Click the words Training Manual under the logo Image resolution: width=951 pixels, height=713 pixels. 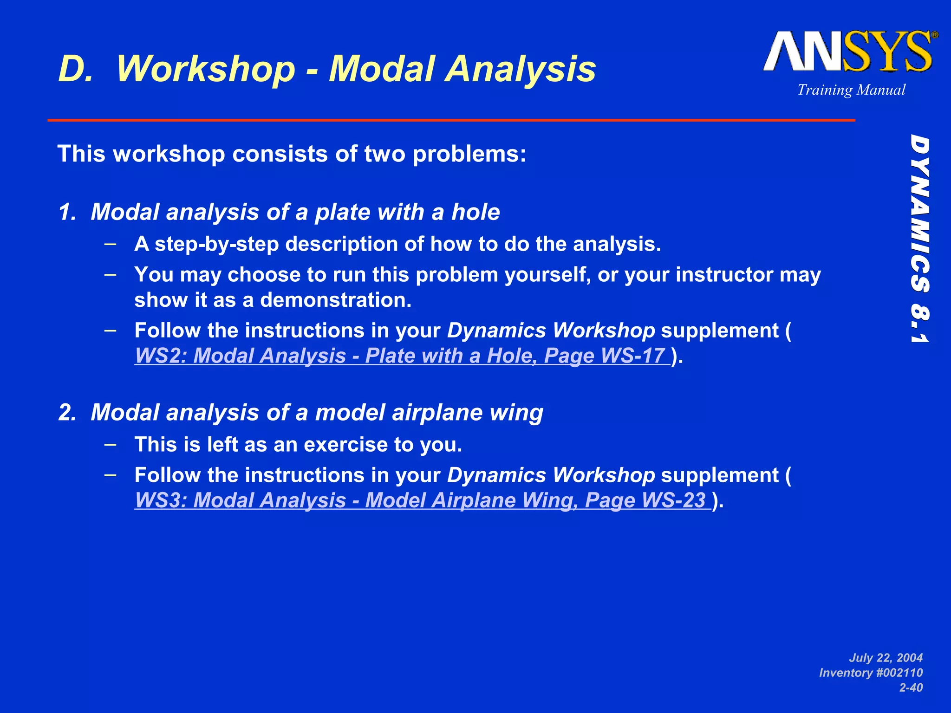coord(851,90)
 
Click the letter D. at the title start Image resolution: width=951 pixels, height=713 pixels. coord(76,69)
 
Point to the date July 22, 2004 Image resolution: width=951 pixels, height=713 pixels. coord(886,658)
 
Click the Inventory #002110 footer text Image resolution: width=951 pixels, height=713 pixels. coord(871,673)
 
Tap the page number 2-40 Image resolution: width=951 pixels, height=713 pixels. coord(911,687)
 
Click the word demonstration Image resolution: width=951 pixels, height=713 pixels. coord(335,300)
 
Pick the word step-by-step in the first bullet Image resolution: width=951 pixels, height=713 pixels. coord(217,244)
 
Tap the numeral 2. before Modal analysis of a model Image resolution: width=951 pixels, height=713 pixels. coord(67,413)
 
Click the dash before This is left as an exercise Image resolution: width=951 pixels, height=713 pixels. coord(111,444)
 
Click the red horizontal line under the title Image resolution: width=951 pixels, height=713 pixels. coord(450,120)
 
